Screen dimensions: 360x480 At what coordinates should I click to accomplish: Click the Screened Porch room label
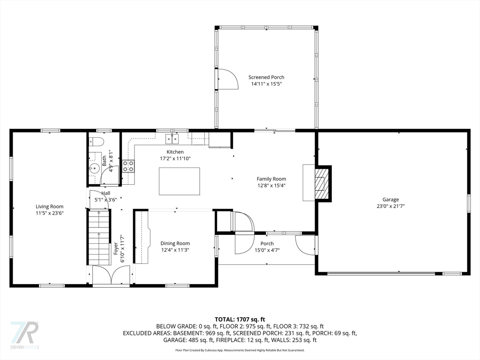click(266, 77)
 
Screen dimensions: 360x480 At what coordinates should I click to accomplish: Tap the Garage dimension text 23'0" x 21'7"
click(390, 206)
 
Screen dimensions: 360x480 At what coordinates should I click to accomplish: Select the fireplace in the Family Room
click(321, 183)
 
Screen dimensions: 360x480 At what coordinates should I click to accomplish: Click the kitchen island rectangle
click(179, 181)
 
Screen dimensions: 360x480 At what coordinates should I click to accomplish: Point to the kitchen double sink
click(172, 138)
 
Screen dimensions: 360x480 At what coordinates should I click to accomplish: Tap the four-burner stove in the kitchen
click(128, 165)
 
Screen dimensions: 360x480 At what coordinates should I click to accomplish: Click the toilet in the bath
click(97, 142)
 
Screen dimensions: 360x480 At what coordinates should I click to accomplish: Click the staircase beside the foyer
click(99, 237)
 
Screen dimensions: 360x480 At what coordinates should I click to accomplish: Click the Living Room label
click(50, 206)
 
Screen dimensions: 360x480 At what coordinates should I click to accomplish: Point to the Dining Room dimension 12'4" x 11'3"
click(175, 250)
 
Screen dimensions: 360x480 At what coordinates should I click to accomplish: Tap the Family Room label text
click(271, 179)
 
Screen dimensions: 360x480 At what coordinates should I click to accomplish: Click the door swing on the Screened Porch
click(227, 78)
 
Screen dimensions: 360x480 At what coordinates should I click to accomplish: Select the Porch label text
click(267, 243)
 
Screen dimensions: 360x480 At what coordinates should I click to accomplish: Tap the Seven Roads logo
click(24, 335)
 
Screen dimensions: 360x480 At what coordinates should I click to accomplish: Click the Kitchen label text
click(175, 152)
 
